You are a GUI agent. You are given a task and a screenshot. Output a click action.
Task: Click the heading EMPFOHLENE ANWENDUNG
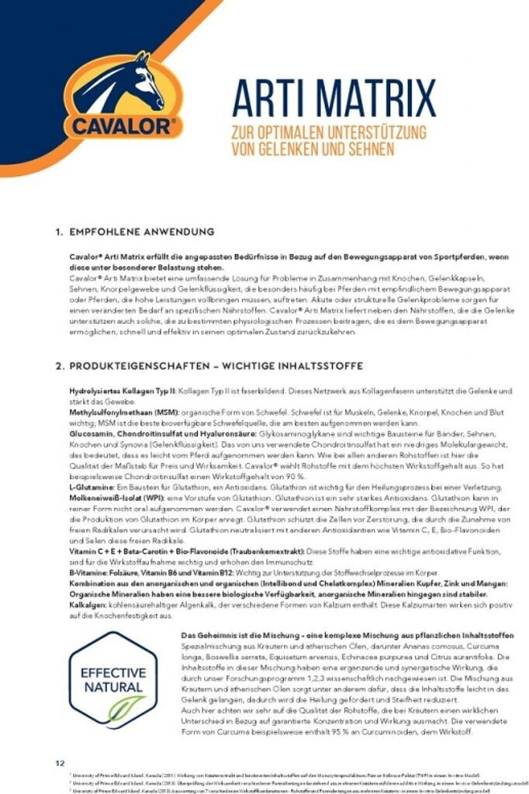point(141,231)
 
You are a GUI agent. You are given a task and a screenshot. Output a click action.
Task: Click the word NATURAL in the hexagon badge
point(113,687)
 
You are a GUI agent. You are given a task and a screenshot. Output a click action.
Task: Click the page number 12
point(60,763)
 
